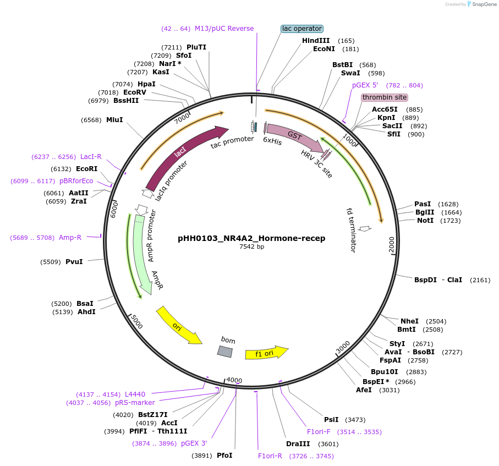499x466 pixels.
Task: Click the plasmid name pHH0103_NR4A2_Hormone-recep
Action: tap(251, 238)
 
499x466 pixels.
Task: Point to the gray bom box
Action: tap(224, 351)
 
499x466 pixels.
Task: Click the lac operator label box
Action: tap(301, 29)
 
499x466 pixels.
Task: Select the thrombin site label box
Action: tap(385, 97)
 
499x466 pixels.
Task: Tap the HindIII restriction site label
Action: tap(316, 41)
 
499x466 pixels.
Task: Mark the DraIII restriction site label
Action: tap(298, 444)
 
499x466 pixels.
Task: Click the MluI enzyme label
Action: tap(114, 120)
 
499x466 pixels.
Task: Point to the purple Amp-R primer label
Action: tap(70, 238)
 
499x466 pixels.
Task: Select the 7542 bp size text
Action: tap(251, 247)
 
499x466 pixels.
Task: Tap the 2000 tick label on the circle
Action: tap(392, 245)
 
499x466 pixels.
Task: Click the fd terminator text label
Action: tap(351, 230)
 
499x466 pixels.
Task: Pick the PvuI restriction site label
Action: tap(74, 261)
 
